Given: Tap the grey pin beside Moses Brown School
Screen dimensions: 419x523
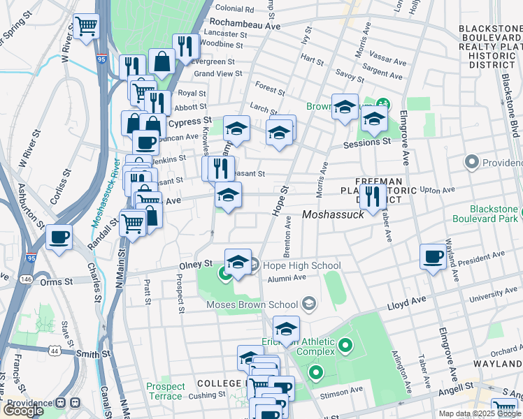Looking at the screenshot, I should (309, 304).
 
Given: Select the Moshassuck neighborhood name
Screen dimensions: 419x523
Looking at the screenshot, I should (333, 216).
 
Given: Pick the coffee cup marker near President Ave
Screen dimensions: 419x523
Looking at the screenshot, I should (433, 256).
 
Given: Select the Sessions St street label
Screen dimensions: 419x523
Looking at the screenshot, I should (366, 142).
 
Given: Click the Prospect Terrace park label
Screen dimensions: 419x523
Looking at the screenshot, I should (166, 391).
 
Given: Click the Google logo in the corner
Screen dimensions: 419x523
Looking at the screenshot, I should (23, 411).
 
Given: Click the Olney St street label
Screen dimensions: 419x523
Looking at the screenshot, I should (198, 264).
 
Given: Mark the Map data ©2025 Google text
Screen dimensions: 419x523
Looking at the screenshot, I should (480, 413).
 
